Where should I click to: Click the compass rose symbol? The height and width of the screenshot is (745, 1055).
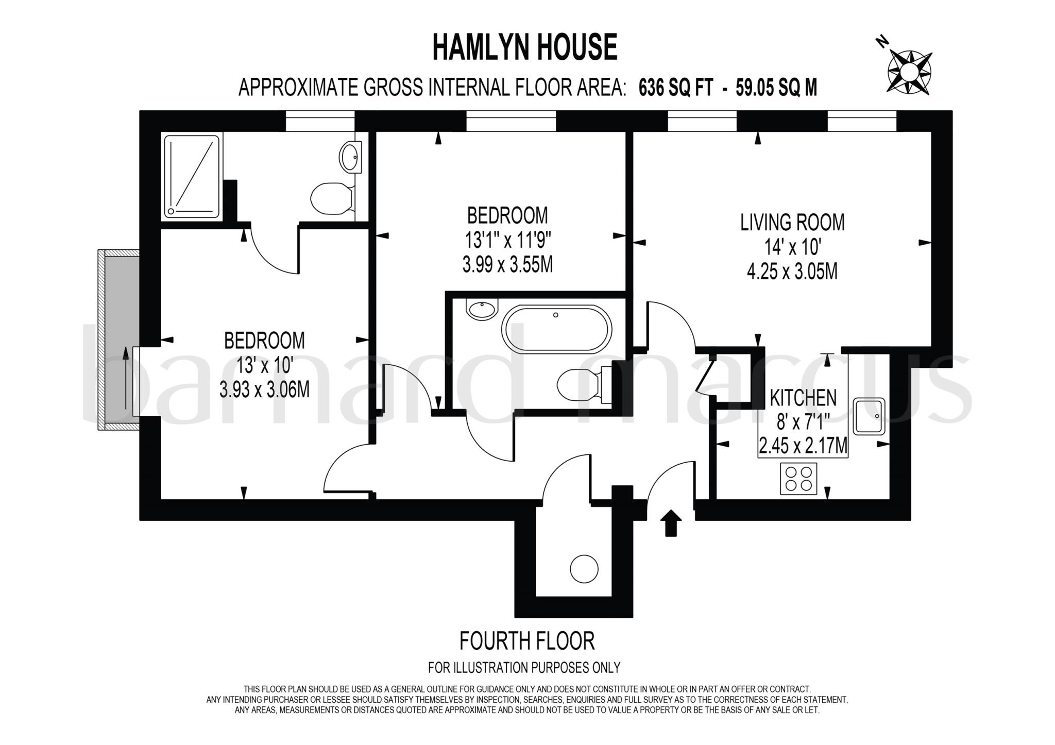[910, 72]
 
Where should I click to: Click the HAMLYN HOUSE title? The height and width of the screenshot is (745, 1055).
[524, 47]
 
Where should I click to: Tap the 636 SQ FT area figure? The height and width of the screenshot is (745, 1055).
[675, 88]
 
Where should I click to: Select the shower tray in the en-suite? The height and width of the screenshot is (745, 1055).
[192, 177]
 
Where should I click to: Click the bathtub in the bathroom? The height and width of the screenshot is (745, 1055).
[556, 330]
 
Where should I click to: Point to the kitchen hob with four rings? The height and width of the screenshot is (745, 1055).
[798, 479]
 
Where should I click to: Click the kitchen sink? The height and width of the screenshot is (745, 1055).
[870, 416]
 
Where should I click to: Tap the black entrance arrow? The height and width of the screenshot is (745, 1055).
[671, 523]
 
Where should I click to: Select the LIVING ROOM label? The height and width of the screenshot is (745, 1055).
[792, 223]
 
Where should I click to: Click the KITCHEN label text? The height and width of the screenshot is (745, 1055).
[803, 398]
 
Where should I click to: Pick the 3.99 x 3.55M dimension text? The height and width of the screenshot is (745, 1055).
[507, 265]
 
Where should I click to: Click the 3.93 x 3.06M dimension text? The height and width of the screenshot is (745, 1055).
[264, 390]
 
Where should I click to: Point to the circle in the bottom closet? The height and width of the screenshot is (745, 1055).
[584, 569]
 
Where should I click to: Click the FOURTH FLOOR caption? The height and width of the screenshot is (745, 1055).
[526, 641]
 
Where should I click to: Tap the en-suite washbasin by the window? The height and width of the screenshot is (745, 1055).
[351, 155]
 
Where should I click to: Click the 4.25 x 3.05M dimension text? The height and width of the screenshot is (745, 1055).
[792, 272]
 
